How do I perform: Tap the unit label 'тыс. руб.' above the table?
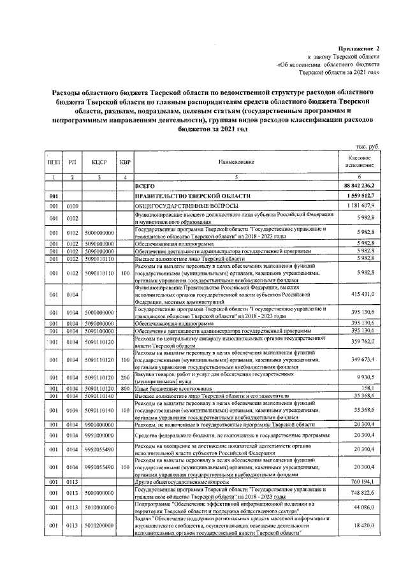point(368,146)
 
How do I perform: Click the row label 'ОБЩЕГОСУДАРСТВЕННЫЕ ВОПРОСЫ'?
point(186,207)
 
